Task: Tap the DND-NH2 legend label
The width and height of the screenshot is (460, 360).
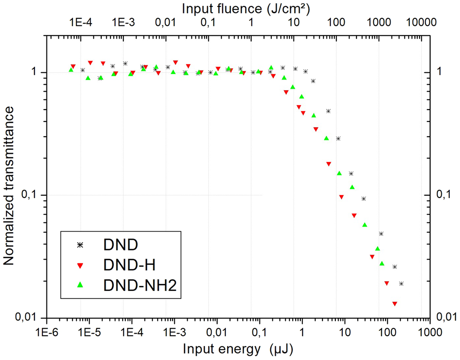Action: click(139, 285)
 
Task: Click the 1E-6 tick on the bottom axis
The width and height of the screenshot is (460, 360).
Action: click(46, 331)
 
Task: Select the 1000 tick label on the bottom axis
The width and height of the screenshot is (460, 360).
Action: click(430, 331)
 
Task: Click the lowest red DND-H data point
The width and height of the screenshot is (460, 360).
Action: click(395, 304)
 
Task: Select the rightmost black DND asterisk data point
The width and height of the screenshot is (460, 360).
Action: click(401, 284)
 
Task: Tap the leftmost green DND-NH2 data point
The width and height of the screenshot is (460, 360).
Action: click(71, 70)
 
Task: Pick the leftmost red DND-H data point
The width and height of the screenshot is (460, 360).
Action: click(73, 67)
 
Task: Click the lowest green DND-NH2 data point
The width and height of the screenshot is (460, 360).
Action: click(382, 263)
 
